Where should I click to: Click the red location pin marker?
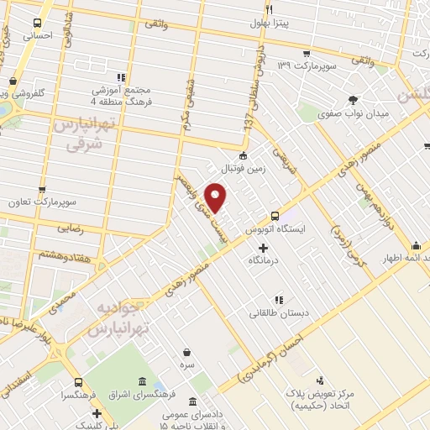pos(218,198)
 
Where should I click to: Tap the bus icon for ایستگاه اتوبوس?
pos(274,215)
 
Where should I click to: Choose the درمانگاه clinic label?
pos(264,262)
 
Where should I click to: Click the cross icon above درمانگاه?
pos(264,248)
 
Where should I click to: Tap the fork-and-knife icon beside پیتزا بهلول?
pos(268,9)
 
